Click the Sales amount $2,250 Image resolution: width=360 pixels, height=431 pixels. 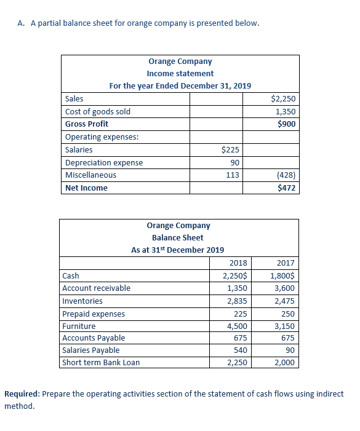283,99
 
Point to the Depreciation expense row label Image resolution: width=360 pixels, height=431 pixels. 104,163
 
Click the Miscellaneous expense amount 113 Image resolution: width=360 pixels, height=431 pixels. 233,175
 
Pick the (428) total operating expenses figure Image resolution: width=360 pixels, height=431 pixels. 286,175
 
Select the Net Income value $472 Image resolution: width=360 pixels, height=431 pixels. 287,188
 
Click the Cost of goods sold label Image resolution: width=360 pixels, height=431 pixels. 98,112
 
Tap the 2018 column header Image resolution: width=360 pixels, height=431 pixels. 238,263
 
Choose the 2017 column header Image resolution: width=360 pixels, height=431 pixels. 286,263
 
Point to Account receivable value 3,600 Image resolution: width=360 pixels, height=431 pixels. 285,288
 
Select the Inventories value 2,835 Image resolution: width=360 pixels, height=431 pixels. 237,301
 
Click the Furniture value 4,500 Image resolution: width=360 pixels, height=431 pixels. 237,326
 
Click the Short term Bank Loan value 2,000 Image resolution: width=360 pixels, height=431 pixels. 285,363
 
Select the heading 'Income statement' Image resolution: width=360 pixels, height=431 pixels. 180,74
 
